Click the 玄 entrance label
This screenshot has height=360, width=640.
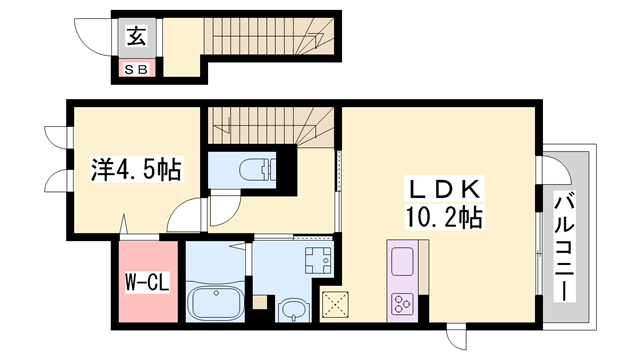[x=136, y=38]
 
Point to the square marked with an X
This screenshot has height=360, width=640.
[x=334, y=304]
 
